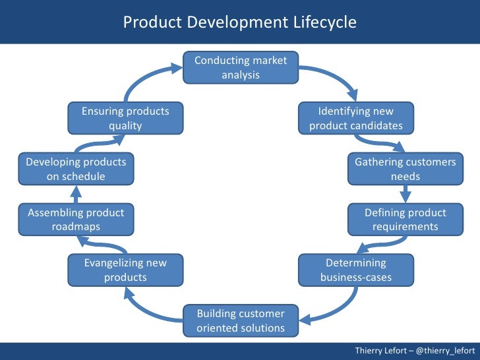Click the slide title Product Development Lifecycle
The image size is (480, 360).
pos(240,22)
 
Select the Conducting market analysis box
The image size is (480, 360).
pos(241,68)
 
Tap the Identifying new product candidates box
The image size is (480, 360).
pos(355,119)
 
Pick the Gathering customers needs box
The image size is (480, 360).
pos(405,169)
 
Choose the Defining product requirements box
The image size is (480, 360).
pos(405,220)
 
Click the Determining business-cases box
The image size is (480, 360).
pos(356,270)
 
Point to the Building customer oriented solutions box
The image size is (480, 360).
pos(241,320)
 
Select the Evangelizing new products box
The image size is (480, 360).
pos(125,270)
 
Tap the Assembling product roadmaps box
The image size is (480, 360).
pos(76,220)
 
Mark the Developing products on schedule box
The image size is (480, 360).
pos(76,169)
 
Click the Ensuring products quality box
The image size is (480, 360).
pos(125,119)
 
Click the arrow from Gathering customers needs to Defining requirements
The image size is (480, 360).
pos(405,193)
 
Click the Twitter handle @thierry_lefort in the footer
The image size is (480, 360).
pos(446,350)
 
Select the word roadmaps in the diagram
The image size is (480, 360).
pos(76,227)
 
